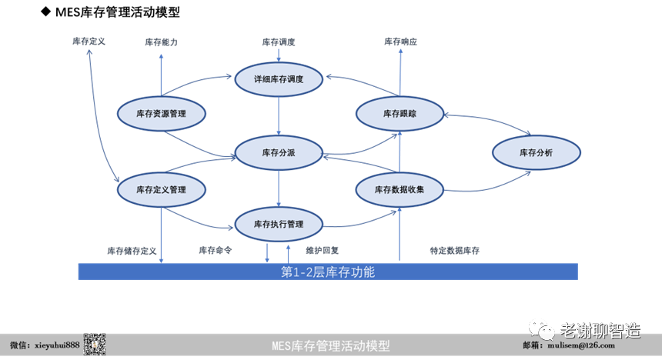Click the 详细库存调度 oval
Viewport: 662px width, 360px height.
click(x=279, y=78)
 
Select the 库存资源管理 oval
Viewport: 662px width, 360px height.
click(x=161, y=114)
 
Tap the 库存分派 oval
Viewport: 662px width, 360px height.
click(x=278, y=152)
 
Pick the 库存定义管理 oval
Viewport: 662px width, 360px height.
click(x=161, y=188)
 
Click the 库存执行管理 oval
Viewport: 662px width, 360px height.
click(x=279, y=225)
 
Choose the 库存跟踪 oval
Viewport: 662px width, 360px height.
click(x=400, y=114)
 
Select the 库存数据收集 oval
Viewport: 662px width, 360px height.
click(x=400, y=188)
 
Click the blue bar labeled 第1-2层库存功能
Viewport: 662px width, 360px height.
click(x=328, y=272)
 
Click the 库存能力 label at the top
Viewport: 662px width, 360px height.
click(x=161, y=42)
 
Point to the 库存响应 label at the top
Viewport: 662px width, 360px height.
click(x=400, y=42)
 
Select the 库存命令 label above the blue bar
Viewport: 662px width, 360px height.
click(x=216, y=250)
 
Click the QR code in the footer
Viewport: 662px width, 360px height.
click(x=94, y=345)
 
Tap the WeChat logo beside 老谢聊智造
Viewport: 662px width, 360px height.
click(x=546, y=331)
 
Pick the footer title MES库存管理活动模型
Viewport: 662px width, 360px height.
click(x=331, y=346)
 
